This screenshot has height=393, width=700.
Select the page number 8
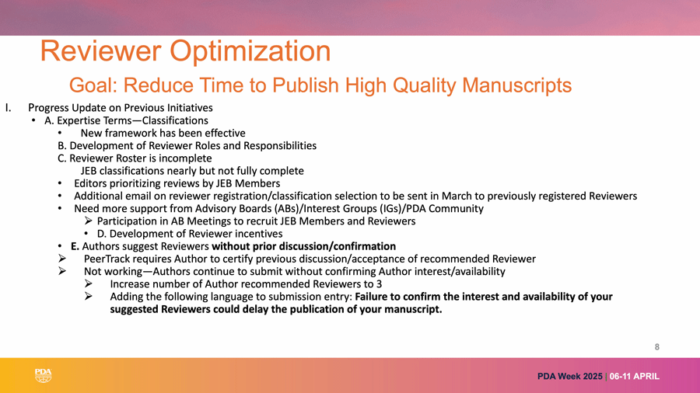[656, 346]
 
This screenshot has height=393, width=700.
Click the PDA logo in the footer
[44, 376]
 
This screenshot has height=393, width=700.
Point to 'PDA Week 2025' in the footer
[569, 377]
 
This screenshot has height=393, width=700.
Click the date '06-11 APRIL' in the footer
[635, 377]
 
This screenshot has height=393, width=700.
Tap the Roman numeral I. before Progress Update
[9, 108]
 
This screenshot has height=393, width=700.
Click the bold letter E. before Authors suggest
[75, 246]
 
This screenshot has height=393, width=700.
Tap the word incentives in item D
[256, 234]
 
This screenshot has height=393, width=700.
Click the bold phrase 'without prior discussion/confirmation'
[303, 246]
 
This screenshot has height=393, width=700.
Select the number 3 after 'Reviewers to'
[379, 283]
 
